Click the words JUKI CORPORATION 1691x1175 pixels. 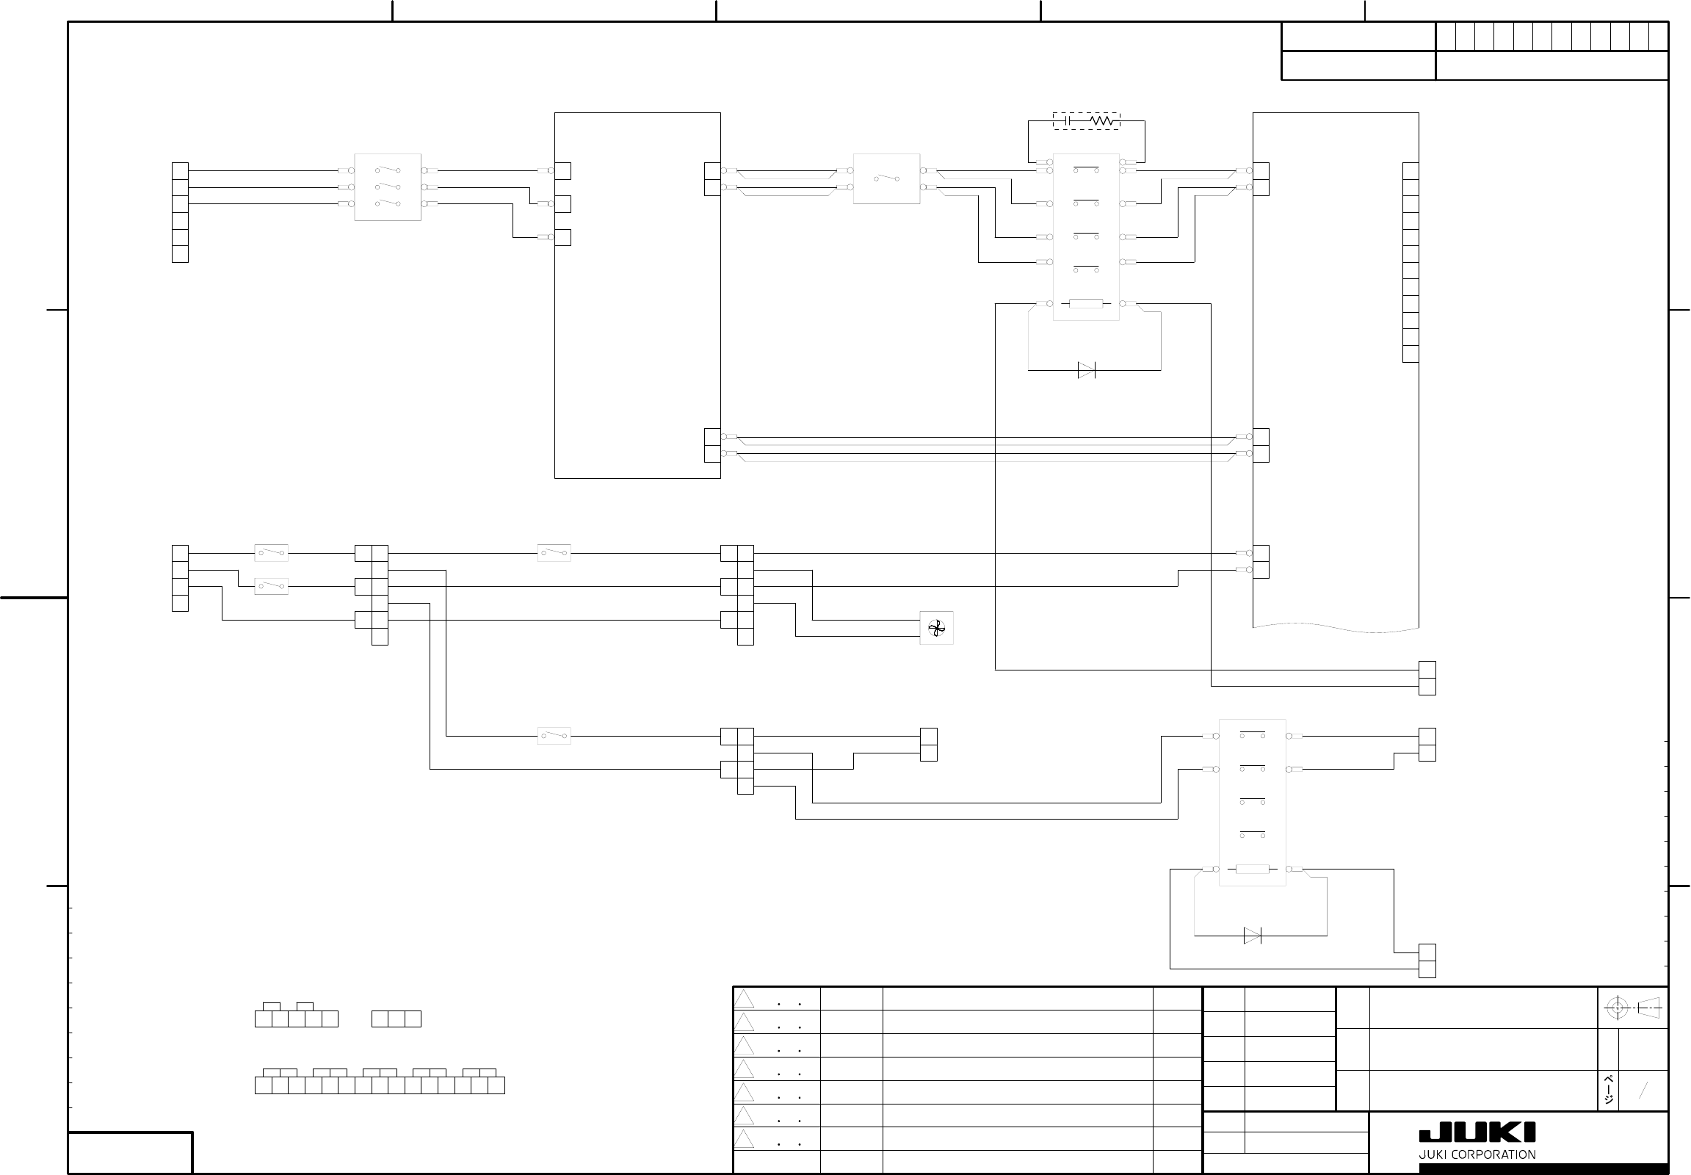coord(1477,1154)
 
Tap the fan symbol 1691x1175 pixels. coord(936,628)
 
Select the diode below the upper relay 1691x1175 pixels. coord(1086,370)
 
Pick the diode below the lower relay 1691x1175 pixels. coord(1251,936)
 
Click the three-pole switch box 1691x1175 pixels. coord(388,187)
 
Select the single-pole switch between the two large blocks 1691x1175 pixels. coord(886,179)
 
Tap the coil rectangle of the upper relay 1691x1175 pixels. coord(1086,303)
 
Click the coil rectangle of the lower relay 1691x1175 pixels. coord(1251,869)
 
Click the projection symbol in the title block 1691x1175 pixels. coord(1632,1008)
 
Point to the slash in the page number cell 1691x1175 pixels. coord(1643,1091)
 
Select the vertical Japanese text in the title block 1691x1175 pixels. coord(1609,1091)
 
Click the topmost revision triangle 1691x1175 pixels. coord(745,999)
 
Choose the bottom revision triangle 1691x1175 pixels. coord(745,1140)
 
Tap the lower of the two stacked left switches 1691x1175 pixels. coord(271,587)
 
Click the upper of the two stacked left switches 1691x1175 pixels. coord(271,553)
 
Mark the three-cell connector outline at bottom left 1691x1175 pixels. coord(396,1019)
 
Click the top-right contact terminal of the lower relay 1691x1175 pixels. coord(1289,737)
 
